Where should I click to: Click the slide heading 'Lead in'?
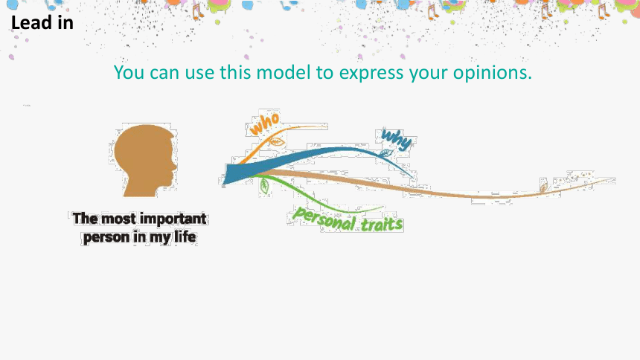click(42, 22)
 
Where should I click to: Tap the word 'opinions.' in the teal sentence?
click(493, 73)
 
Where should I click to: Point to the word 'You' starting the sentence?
click(129, 73)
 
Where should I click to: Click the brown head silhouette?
click(146, 161)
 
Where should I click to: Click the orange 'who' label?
click(265, 123)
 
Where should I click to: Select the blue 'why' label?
click(396, 140)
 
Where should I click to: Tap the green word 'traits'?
click(382, 224)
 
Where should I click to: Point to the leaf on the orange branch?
click(276, 142)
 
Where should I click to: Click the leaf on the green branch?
click(264, 186)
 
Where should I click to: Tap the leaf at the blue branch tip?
click(385, 153)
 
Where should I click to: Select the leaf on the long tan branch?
click(543, 188)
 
